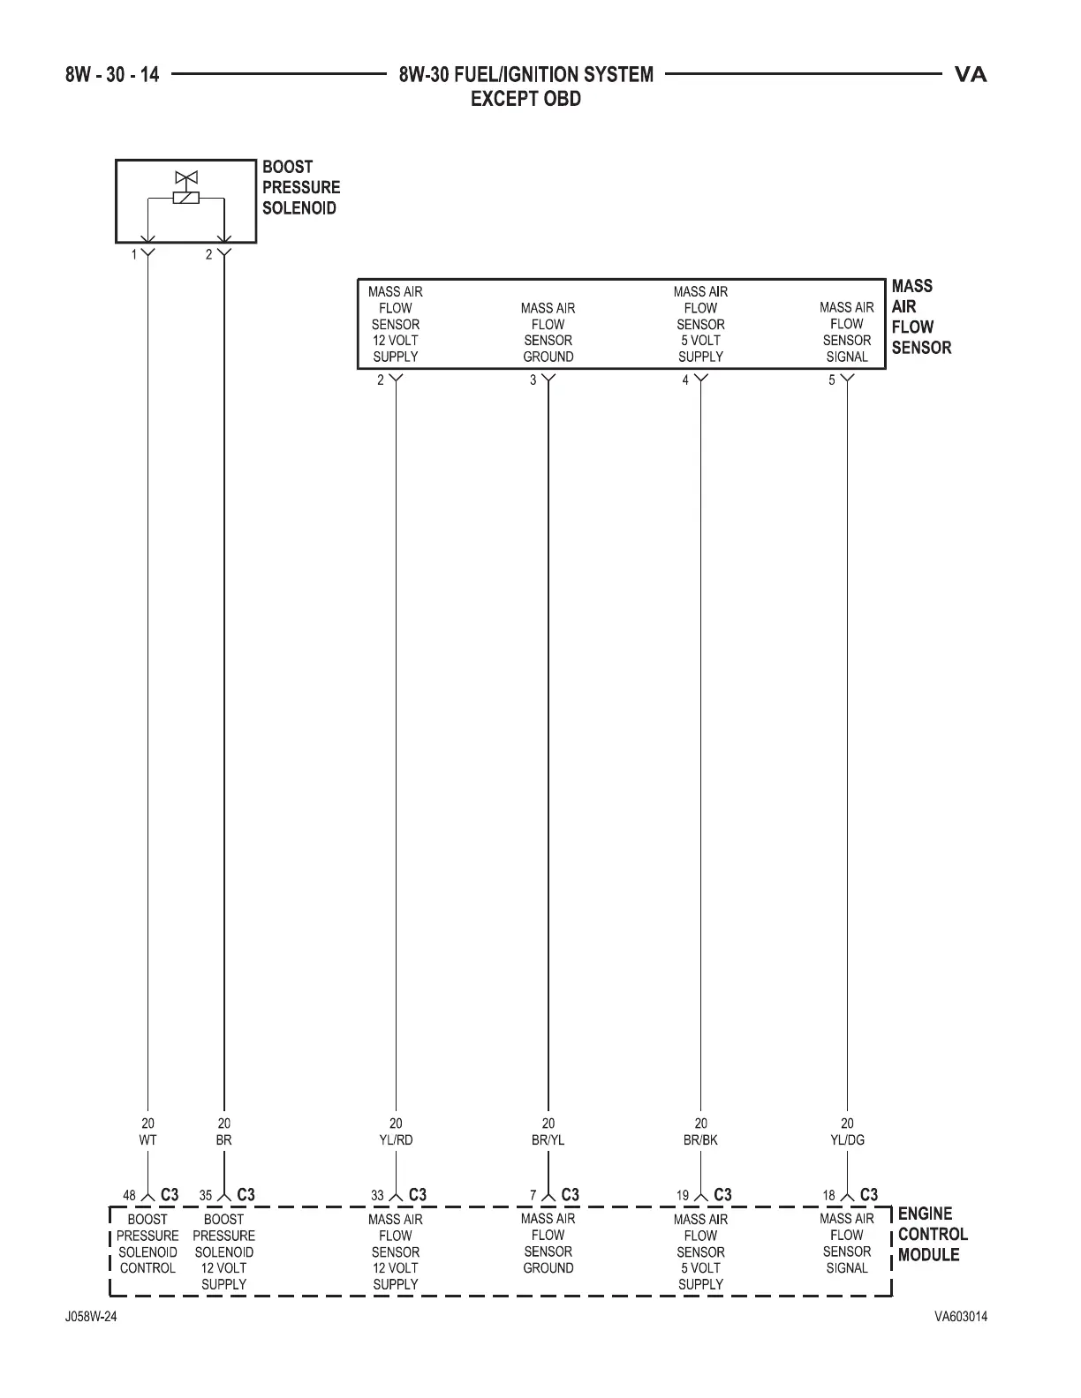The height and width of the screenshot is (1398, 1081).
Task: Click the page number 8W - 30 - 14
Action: [x=112, y=75]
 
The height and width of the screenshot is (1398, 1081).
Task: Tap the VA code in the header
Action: [x=971, y=75]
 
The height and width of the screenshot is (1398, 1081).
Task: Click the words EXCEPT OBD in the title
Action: [x=525, y=99]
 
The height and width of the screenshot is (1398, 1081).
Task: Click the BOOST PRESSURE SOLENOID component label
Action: [x=300, y=187]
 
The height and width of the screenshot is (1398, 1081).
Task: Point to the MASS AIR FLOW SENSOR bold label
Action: [x=920, y=317]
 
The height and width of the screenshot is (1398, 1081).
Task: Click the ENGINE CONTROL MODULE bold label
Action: [x=932, y=1235]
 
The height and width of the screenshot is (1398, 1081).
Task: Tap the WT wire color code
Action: [x=147, y=1139]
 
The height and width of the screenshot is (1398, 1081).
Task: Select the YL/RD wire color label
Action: [x=396, y=1139]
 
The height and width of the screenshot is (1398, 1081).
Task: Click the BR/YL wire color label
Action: [x=548, y=1139]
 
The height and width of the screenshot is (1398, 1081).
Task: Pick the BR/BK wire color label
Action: [x=700, y=1139]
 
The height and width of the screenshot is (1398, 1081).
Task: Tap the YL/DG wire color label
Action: [x=847, y=1139]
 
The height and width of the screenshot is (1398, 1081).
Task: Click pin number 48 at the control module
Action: [x=129, y=1196]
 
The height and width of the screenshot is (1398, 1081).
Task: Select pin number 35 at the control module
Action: [x=206, y=1196]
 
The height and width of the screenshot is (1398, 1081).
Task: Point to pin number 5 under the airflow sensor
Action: [x=831, y=381]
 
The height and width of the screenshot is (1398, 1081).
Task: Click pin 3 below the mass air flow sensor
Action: [x=533, y=381]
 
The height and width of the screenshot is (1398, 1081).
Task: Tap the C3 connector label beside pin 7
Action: [x=571, y=1195]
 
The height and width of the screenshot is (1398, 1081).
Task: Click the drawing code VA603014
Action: [x=961, y=1317]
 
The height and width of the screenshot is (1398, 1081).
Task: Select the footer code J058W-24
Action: [x=90, y=1317]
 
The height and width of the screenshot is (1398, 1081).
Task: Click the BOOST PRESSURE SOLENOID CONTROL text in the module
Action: [x=147, y=1244]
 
